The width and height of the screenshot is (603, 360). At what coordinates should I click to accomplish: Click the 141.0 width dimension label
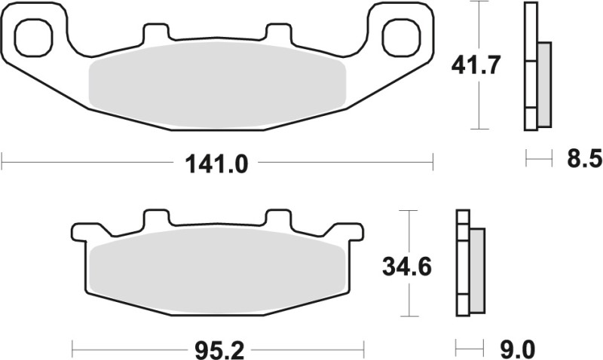click(217, 162)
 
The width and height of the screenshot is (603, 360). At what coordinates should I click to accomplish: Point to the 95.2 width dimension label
click(217, 349)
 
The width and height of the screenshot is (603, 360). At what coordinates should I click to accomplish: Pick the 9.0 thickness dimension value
click(517, 349)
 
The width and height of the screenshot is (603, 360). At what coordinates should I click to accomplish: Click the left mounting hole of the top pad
click(35, 35)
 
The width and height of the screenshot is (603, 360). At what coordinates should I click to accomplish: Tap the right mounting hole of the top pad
click(399, 35)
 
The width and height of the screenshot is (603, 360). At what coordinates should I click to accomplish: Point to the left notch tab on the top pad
click(155, 33)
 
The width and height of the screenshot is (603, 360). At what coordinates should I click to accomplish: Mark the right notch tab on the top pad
click(279, 33)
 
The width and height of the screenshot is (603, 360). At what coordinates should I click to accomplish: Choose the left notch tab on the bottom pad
click(155, 218)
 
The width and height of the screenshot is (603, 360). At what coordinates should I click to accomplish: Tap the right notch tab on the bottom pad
click(279, 218)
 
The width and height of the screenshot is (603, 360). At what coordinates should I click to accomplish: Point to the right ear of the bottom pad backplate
click(348, 230)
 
